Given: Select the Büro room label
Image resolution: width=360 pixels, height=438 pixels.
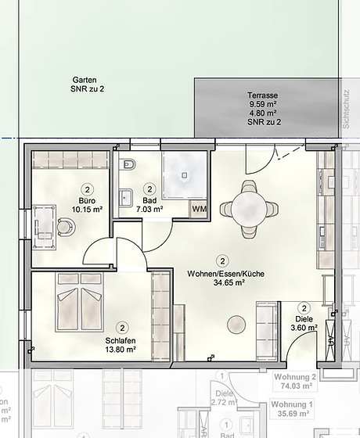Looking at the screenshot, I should click(x=87, y=199).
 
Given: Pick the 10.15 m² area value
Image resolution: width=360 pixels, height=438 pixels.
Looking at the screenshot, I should click(x=87, y=209).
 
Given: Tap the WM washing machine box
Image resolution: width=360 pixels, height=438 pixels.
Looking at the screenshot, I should click(x=200, y=209).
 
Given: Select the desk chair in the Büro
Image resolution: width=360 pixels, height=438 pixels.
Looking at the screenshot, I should click(x=64, y=227).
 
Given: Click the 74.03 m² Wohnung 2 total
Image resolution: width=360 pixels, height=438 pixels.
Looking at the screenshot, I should click(x=329, y=386).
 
